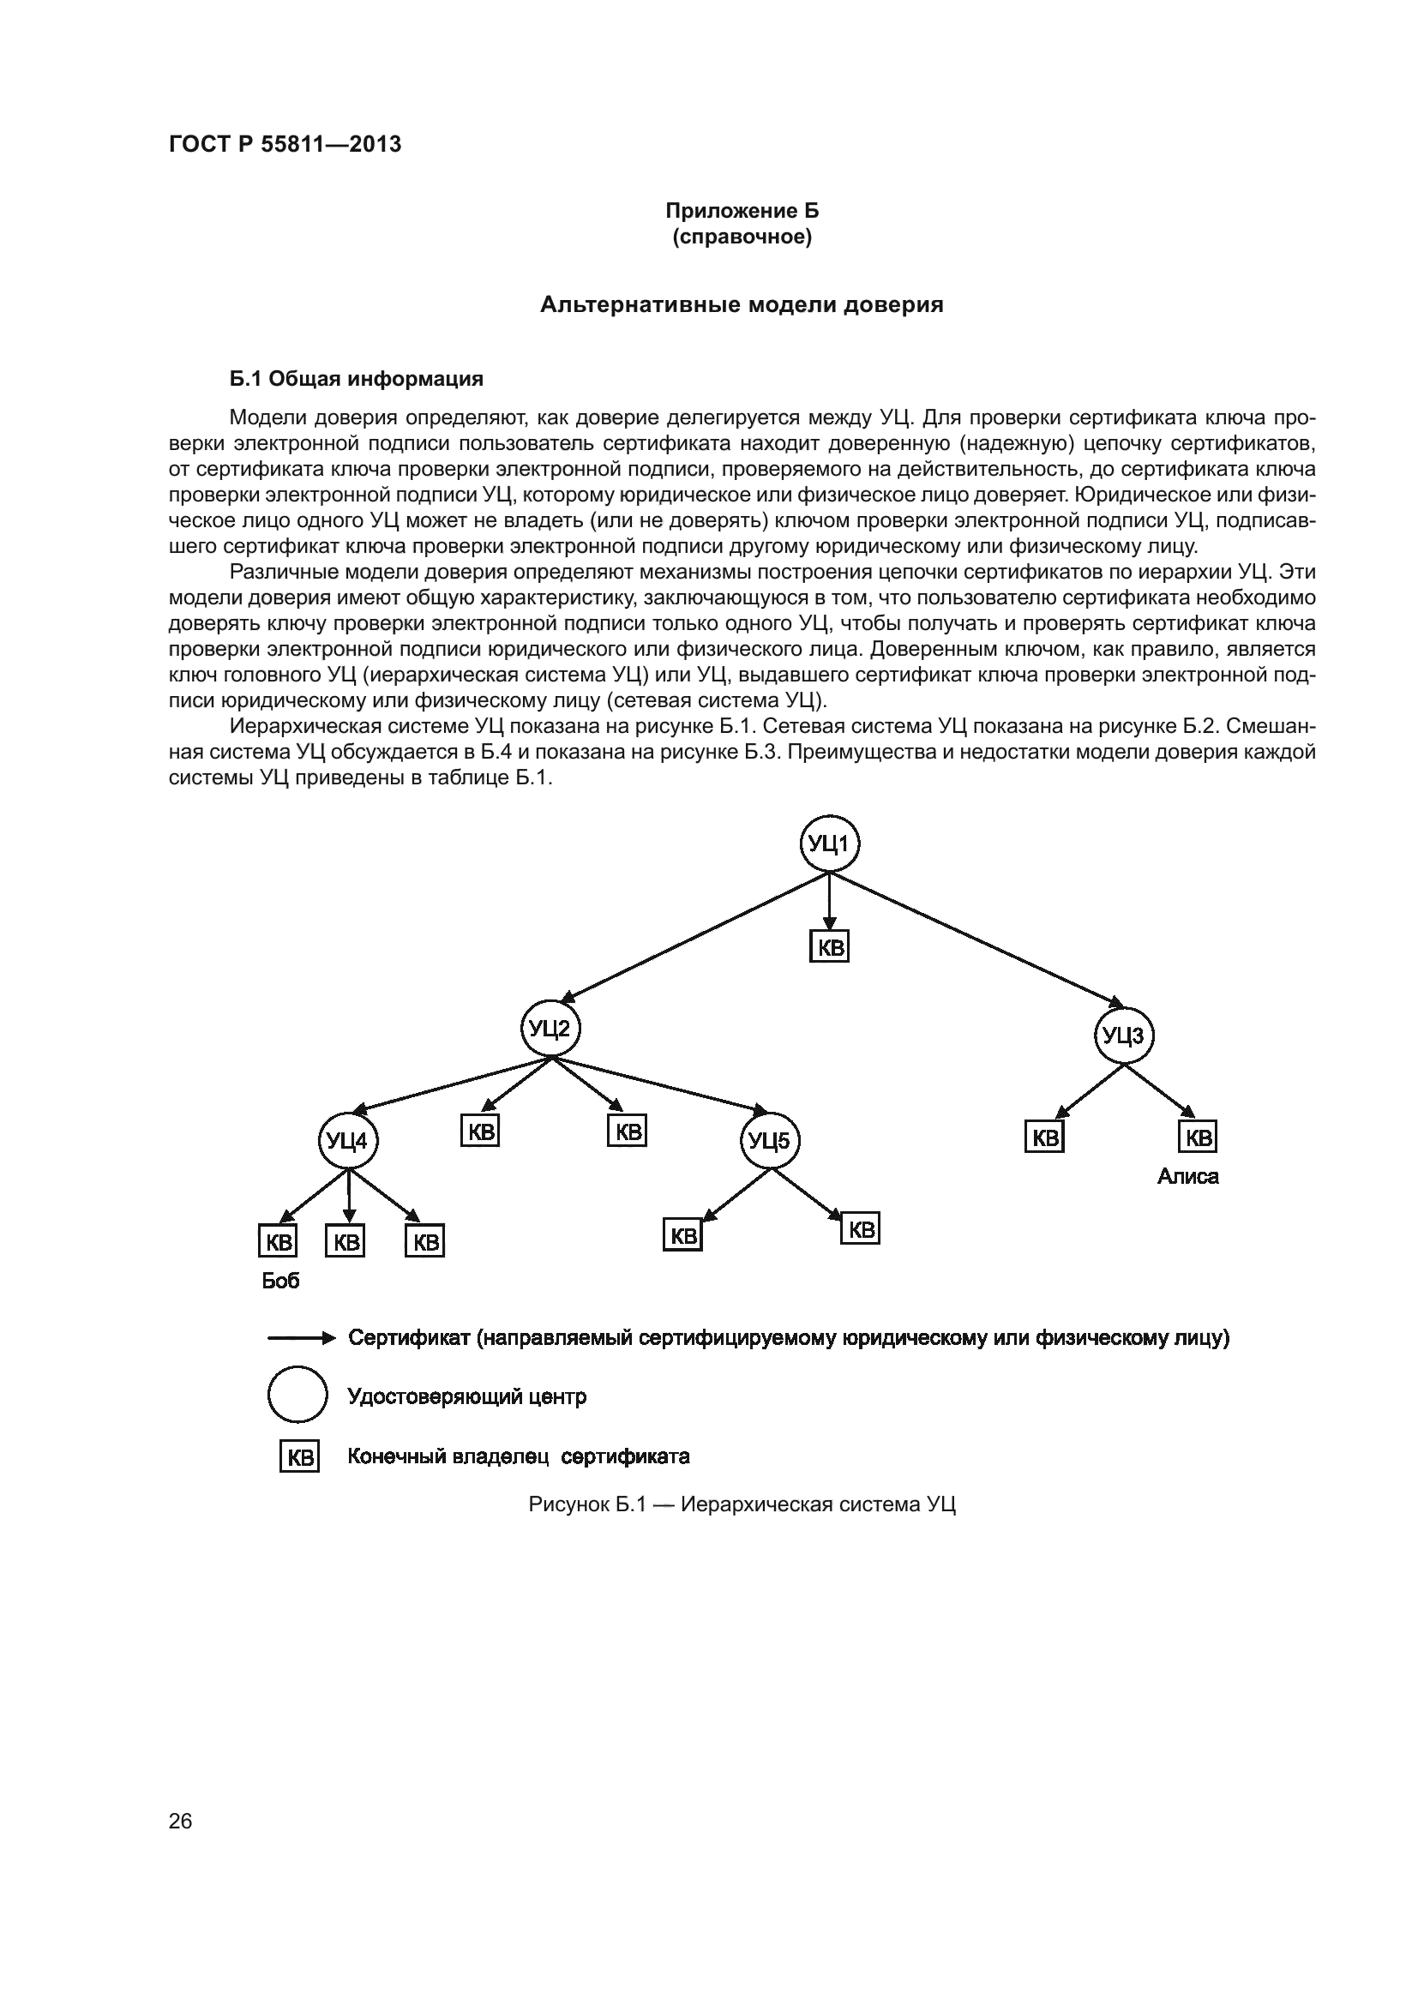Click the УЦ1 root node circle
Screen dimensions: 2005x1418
[x=830, y=843]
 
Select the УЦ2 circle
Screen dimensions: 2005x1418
[x=550, y=1029]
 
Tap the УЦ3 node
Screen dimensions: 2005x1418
[x=1124, y=1036]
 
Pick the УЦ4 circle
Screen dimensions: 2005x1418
[x=347, y=1140]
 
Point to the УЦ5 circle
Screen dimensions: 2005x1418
[x=770, y=1140]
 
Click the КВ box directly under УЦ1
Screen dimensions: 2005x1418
[x=830, y=947]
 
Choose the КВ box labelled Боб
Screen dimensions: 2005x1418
[x=278, y=1241]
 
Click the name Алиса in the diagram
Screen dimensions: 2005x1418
[x=1187, y=1177]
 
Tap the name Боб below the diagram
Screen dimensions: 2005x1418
[x=280, y=1280]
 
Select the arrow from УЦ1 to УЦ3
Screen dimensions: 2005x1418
[x=978, y=939]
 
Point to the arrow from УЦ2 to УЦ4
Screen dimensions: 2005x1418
[x=450, y=1083]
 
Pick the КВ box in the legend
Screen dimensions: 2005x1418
[x=299, y=1456]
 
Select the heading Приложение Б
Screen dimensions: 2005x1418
[x=742, y=211]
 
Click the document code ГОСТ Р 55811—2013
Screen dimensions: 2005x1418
[x=285, y=144]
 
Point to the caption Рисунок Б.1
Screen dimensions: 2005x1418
[x=742, y=1504]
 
